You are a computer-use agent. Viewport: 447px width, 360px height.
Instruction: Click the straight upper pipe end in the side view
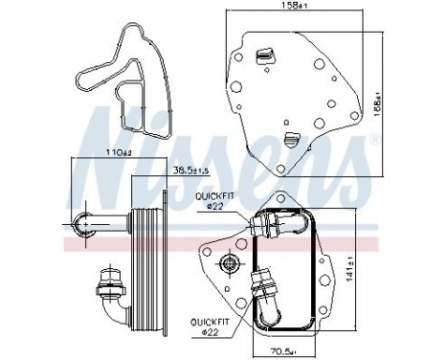point(87,224)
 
